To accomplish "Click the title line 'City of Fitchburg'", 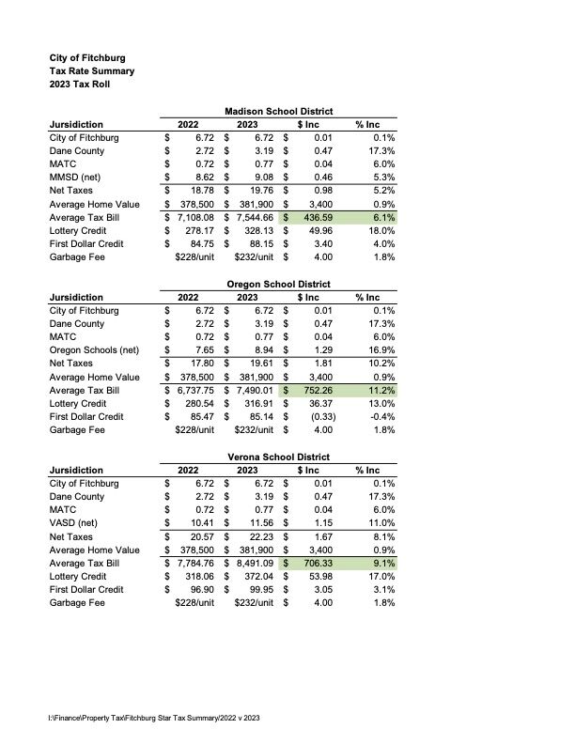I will click(87, 57).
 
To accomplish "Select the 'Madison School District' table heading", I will click(279, 112).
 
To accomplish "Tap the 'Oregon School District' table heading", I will click(279, 285).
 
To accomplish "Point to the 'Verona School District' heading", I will click(279, 457).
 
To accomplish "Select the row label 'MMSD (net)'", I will click(76, 176).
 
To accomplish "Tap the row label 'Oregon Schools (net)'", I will click(94, 349).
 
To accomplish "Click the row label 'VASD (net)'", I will click(73, 521).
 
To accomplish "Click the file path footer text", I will click(153, 719).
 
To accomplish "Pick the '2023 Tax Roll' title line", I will click(83, 85).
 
